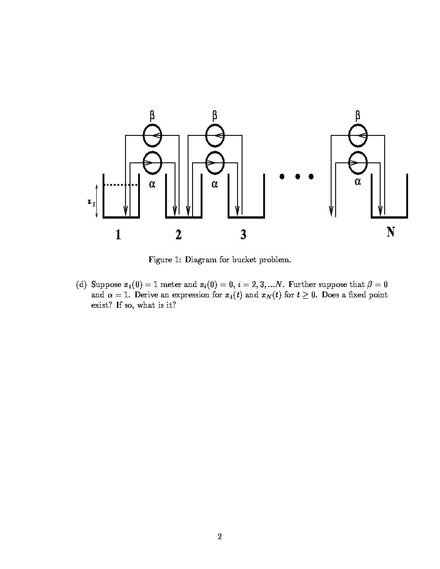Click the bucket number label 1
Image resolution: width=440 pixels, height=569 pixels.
coord(118,234)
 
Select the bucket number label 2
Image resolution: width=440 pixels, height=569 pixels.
coord(179,234)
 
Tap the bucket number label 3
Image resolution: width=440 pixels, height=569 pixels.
coord(243,234)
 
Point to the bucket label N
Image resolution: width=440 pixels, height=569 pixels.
coord(391,232)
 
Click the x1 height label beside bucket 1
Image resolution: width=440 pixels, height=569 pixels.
coord(91,202)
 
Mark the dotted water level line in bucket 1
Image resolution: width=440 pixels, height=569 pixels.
coord(121,184)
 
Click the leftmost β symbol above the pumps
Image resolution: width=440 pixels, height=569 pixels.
coord(152,116)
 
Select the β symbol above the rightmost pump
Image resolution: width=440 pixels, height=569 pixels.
coord(358,116)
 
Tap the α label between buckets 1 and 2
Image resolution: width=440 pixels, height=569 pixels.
coord(152,184)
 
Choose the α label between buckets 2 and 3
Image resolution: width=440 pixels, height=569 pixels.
coord(215,184)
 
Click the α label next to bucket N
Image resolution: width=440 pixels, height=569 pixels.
coord(358,182)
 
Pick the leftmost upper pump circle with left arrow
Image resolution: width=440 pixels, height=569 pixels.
coord(152,135)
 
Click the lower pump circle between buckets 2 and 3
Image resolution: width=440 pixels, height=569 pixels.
coord(215,162)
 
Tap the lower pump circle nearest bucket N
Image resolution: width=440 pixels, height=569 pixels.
coord(358,162)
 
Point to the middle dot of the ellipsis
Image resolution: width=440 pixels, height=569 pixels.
coord(297,176)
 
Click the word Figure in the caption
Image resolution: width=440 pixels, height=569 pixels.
coord(161,260)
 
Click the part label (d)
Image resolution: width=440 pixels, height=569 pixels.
coord(81,284)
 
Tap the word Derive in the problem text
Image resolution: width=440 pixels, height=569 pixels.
coord(145,295)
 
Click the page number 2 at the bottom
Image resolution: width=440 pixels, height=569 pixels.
coord(220,536)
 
